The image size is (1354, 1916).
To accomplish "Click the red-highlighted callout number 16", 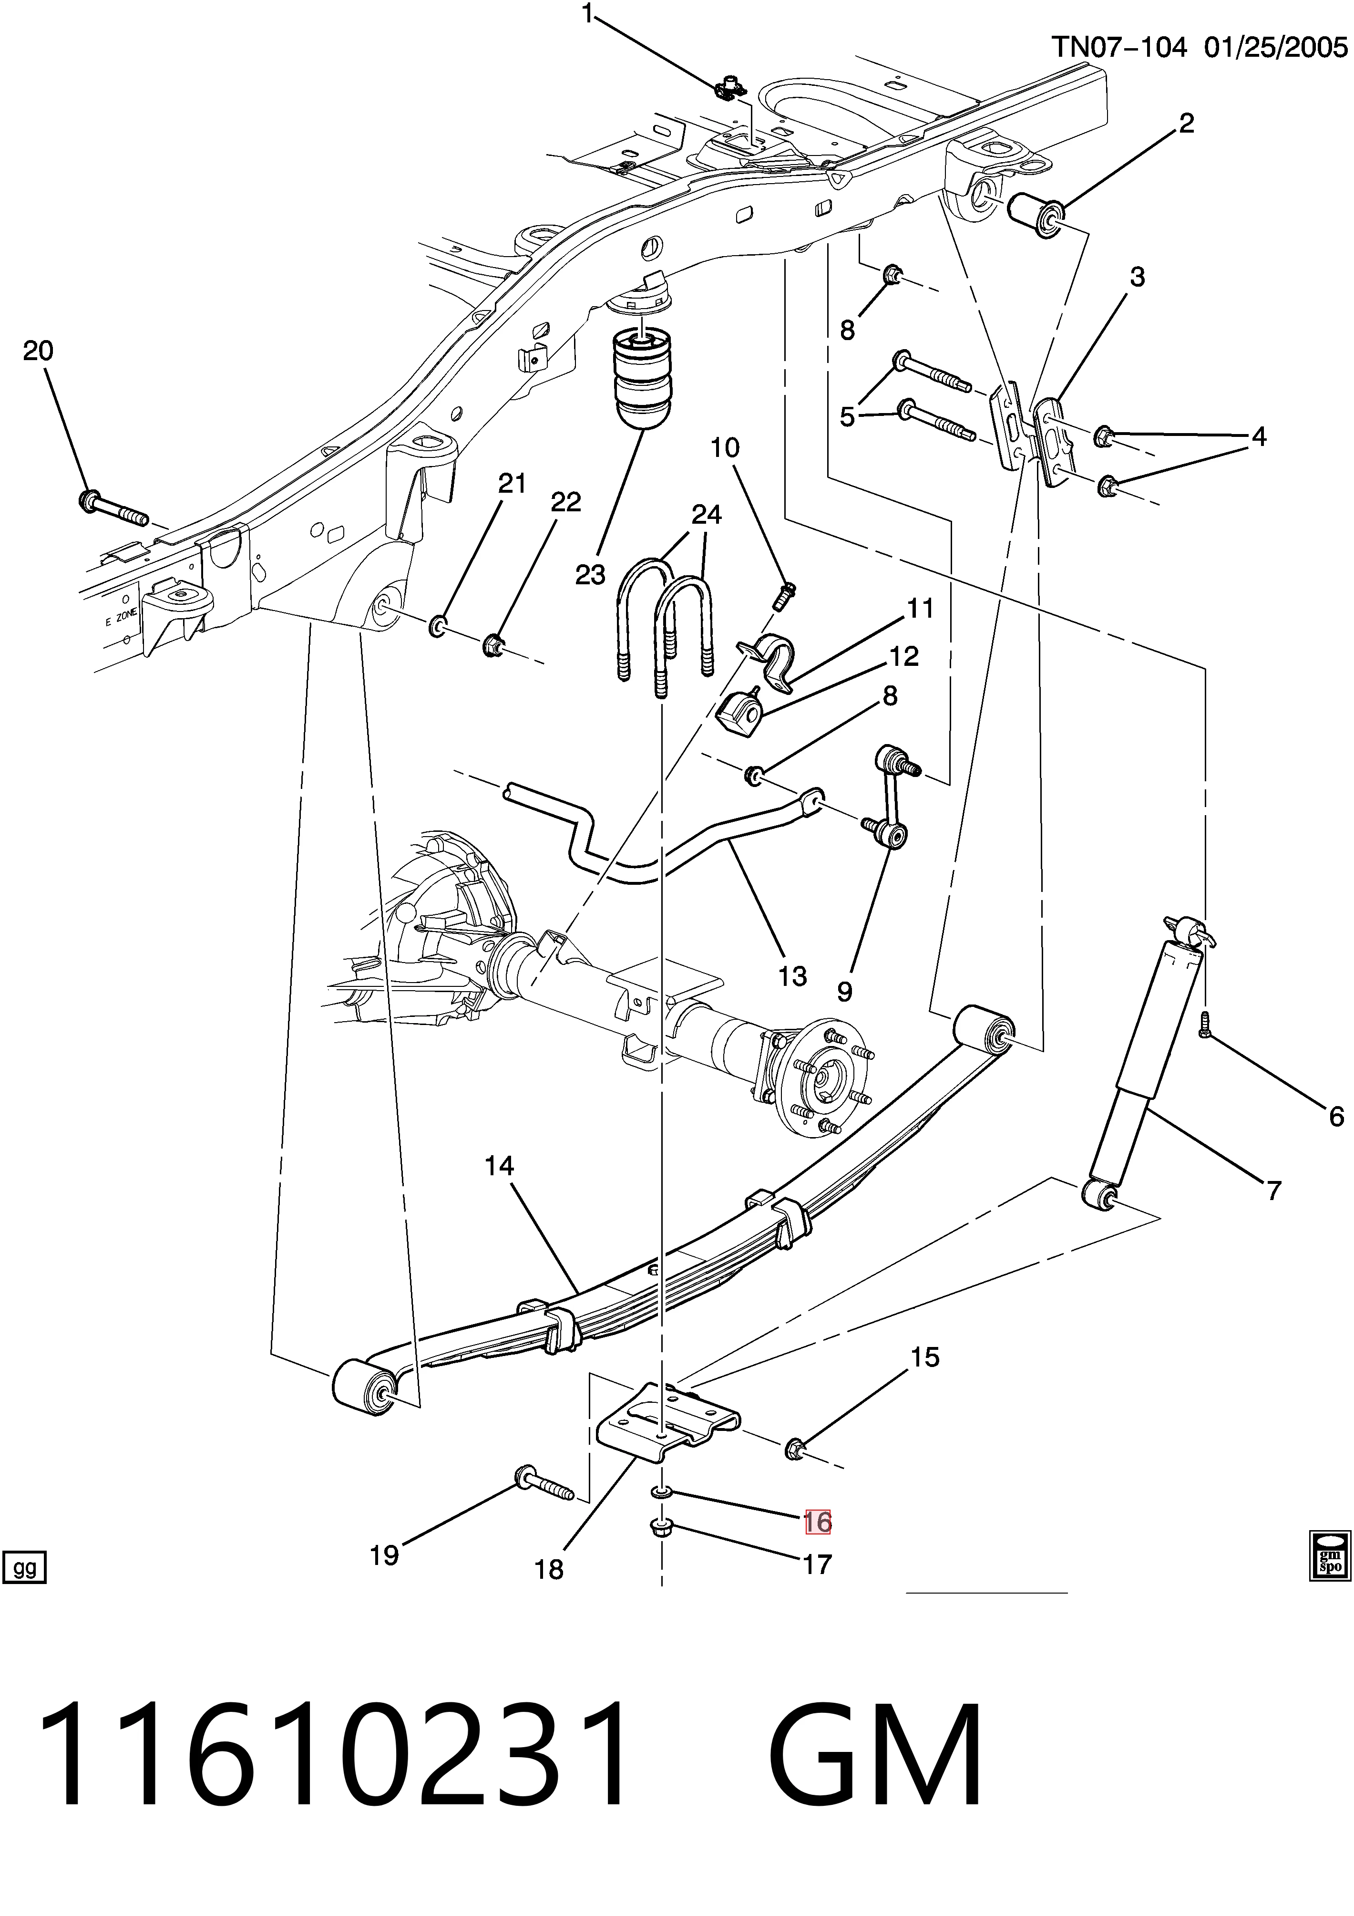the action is tap(818, 1522).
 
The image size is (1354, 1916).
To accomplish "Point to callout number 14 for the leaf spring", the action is tap(500, 1166).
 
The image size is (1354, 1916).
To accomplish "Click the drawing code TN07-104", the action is tap(1118, 47).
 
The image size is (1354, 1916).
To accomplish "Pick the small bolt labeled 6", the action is tap(1204, 1025).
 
